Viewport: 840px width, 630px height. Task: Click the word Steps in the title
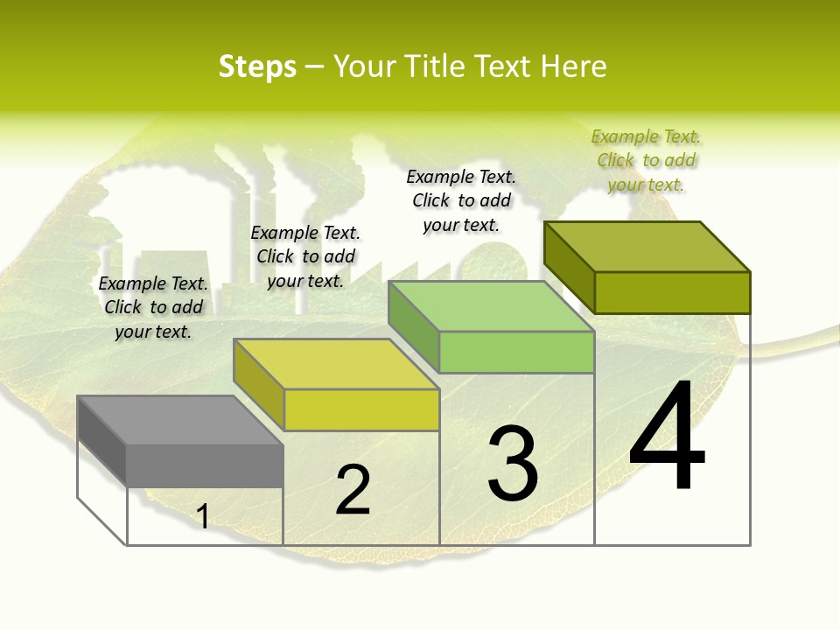(257, 66)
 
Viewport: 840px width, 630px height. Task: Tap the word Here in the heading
(573, 66)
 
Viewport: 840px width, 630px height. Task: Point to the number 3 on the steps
(513, 463)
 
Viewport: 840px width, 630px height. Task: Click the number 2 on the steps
(353, 490)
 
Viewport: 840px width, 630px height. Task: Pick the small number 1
(202, 516)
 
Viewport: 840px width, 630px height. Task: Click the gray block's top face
(179, 420)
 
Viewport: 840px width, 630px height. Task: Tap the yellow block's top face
(335, 364)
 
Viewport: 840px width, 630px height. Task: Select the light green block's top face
(491, 306)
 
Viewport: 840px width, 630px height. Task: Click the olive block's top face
(647, 247)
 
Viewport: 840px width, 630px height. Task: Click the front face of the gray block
(205, 465)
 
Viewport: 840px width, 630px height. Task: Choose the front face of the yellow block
(361, 409)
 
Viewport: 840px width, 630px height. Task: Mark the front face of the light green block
(516, 352)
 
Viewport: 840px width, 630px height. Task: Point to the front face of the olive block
(672, 292)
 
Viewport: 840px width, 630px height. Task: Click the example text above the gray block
(154, 307)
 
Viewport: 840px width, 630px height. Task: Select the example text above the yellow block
(305, 256)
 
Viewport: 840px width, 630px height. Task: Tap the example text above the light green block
(461, 200)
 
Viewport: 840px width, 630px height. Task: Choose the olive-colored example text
(646, 160)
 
